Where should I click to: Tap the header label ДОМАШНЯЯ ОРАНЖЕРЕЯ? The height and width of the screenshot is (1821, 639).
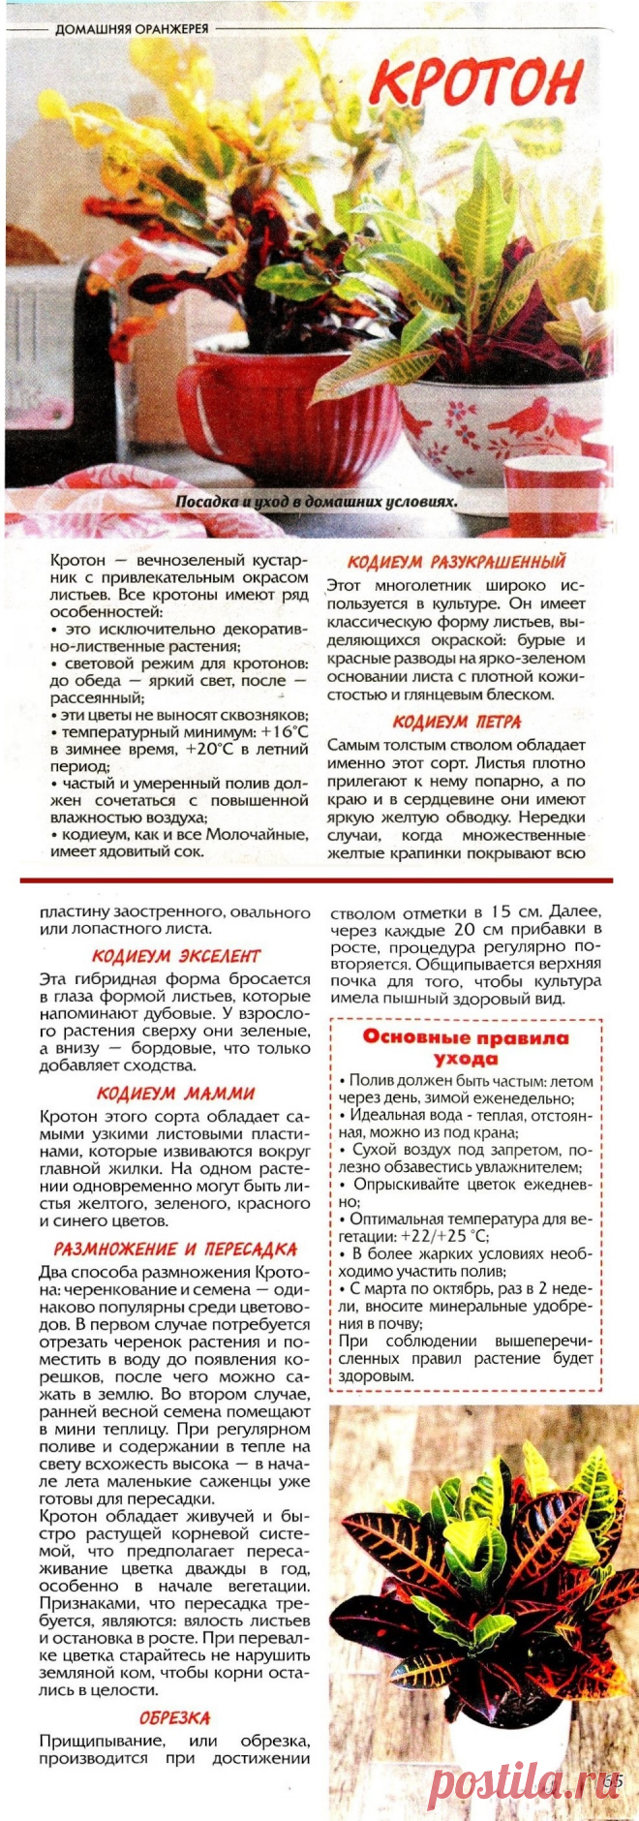point(132,29)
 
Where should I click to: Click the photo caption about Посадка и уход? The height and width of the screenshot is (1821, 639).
point(316,502)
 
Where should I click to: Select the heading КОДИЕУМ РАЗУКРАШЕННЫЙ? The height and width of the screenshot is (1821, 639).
point(456,562)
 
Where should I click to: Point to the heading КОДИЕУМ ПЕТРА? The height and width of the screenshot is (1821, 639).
point(456,722)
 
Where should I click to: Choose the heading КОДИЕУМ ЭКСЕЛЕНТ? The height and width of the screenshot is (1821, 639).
point(176,956)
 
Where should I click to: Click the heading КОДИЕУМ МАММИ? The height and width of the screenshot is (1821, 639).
point(175,1093)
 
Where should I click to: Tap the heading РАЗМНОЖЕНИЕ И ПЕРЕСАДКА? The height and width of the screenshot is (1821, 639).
point(175,1250)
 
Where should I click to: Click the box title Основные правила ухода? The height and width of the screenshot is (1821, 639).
point(466,1047)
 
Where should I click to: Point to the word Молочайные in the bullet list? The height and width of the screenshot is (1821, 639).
point(255,835)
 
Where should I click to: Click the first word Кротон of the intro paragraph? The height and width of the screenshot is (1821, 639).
point(77,561)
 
